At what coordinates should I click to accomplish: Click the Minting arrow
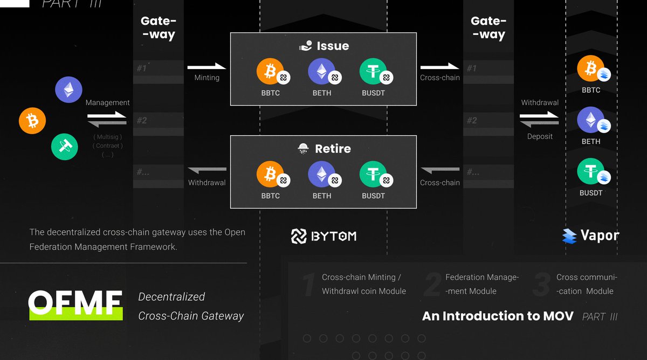pos(207,67)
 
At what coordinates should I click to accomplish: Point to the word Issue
pos(333,46)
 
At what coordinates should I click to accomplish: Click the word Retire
pos(333,149)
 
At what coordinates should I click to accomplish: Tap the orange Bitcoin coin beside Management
pos(32,120)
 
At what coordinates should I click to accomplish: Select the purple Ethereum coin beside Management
pos(68,89)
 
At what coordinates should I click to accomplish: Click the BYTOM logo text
pos(323,236)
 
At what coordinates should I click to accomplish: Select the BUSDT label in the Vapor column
pos(591,192)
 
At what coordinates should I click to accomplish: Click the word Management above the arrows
pos(107,102)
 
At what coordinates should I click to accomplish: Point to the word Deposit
pos(540,136)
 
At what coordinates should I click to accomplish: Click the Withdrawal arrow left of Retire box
pos(207,171)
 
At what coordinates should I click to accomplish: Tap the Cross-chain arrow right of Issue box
pos(439,67)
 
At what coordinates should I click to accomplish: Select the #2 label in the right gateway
pos(472,121)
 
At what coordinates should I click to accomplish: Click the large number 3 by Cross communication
pos(541,285)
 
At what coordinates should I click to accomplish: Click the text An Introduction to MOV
pos(498,316)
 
